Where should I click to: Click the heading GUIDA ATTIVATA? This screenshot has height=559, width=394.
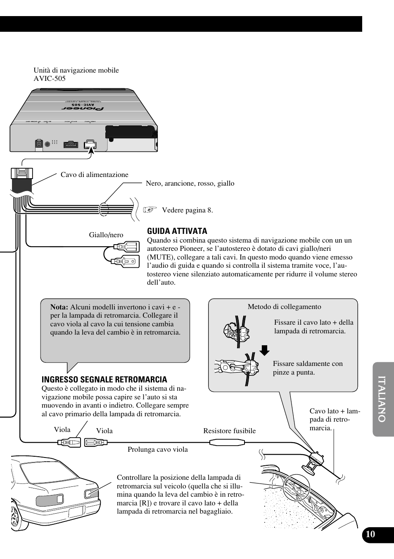point(177,231)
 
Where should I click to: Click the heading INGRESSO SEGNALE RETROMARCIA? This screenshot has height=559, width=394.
point(104,380)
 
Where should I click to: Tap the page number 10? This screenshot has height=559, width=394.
point(370,534)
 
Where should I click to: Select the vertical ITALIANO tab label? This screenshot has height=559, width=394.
point(382,399)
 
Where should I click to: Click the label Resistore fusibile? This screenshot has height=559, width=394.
point(229,431)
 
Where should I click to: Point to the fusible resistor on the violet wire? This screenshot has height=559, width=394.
point(228,443)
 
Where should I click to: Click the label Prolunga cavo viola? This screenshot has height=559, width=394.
point(157,449)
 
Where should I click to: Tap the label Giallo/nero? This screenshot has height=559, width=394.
point(106,235)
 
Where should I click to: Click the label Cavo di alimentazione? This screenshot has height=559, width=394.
point(94,175)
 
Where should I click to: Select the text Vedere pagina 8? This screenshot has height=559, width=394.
point(187,210)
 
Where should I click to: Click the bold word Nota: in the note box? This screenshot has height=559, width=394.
point(59,307)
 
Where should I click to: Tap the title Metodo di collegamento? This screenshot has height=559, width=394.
point(284,307)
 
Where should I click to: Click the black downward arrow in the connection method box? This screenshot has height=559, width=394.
point(264,351)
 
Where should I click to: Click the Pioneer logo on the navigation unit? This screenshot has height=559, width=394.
point(83,108)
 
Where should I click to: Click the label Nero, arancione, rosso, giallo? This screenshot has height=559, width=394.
point(190,183)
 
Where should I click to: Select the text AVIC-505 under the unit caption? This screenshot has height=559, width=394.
point(50,78)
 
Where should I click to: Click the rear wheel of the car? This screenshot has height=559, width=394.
point(17,516)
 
